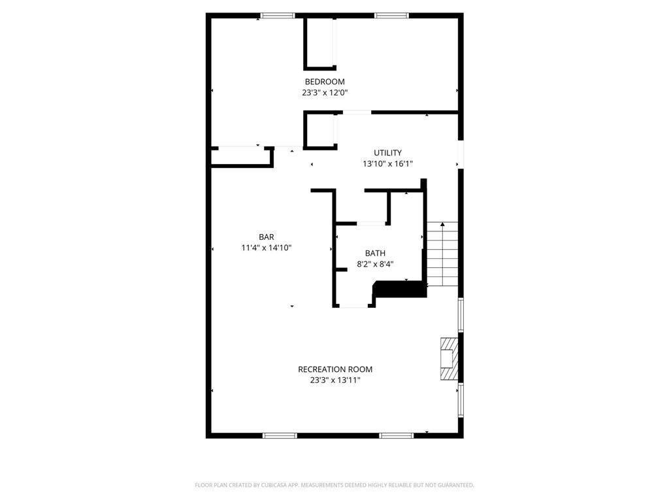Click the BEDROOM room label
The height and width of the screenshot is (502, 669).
325,82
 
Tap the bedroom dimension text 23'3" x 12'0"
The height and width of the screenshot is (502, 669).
325,93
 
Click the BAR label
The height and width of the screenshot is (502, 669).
266,237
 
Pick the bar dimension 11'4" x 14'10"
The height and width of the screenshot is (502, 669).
266,248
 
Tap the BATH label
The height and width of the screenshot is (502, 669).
375,253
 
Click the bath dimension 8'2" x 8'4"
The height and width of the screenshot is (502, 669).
375,264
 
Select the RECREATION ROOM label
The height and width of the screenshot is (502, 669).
335,369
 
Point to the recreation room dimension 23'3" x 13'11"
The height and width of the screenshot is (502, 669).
335,380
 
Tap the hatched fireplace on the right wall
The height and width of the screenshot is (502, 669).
449,359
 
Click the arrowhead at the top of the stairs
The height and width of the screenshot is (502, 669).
443,224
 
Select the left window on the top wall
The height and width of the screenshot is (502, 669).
278,16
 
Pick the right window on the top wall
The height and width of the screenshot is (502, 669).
391,16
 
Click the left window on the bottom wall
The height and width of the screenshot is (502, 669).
280,435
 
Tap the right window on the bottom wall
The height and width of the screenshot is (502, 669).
396,435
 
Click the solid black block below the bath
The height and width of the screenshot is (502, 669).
399,289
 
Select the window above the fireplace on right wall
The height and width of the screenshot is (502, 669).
461,315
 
